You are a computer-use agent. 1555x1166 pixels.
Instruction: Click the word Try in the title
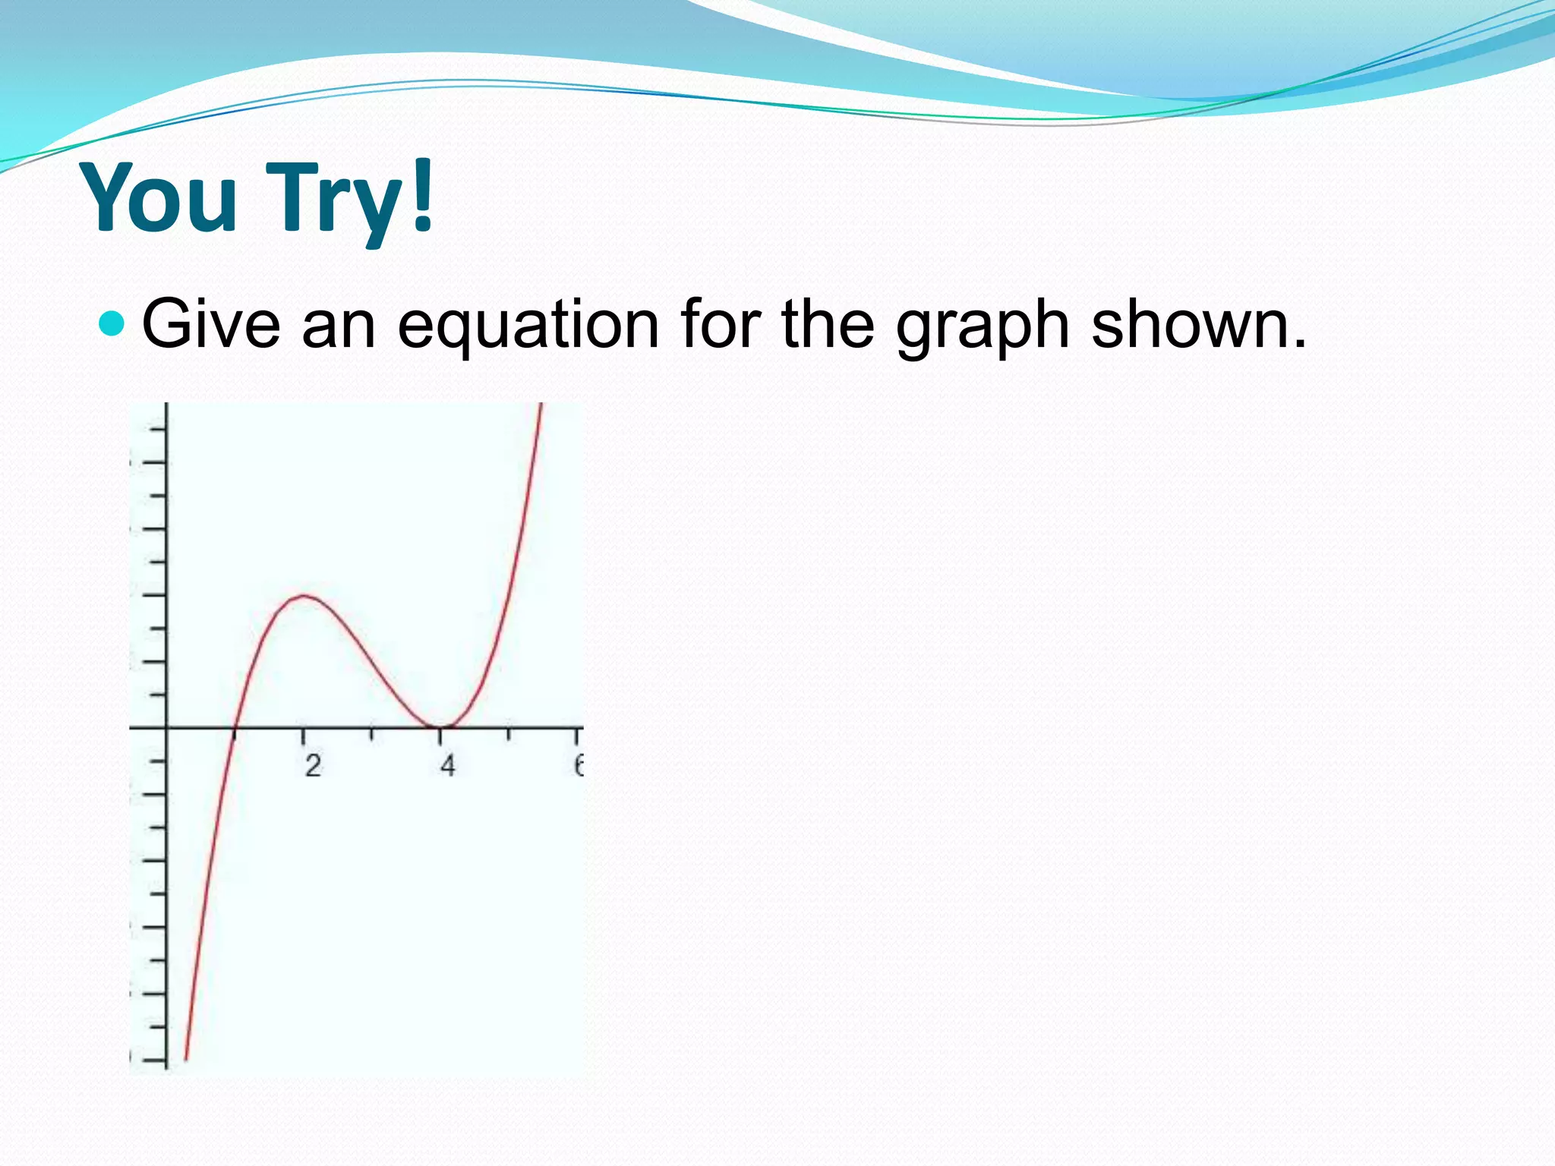point(334,201)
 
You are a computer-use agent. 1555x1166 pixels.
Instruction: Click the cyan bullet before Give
point(112,323)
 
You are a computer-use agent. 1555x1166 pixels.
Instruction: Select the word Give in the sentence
point(211,325)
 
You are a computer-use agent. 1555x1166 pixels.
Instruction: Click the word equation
point(528,326)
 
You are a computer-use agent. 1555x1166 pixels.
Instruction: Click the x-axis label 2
point(313,766)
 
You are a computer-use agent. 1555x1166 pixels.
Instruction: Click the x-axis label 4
point(447,766)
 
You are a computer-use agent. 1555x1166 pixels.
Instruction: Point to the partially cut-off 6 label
point(579,765)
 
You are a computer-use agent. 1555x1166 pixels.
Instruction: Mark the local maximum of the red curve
point(304,595)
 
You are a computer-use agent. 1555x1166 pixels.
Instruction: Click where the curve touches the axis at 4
point(440,727)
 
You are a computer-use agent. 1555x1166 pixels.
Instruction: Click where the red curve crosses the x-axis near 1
point(235,728)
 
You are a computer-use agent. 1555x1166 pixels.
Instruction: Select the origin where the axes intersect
point(166,728)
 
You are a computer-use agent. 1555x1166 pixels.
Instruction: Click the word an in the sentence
point(339,326)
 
